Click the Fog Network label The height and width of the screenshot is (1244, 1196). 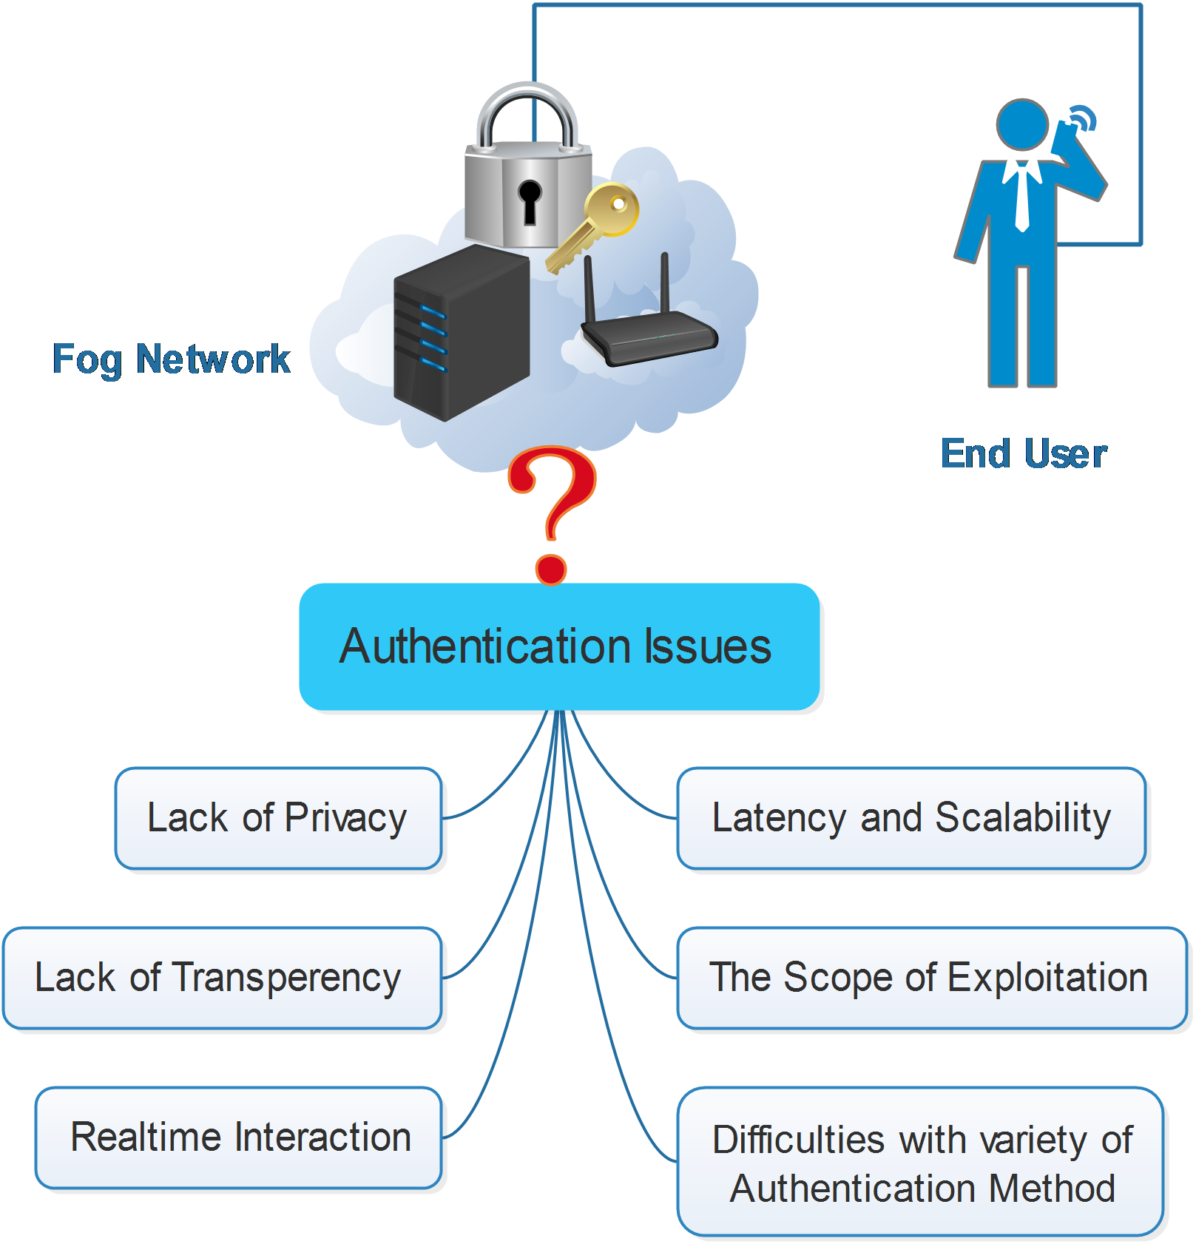[x=172, y=360]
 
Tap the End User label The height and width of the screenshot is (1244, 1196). [x=1024, y=453]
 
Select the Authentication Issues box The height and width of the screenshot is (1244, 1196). [x=559, y=646]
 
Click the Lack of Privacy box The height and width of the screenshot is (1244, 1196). [x=279, y=818]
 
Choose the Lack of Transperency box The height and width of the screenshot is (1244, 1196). [x=223, y=978]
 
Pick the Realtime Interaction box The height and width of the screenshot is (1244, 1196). [x=239, y=1137]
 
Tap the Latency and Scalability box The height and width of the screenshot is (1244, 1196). [x=911, y=818]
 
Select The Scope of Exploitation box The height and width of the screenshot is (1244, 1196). [x=932, y=978]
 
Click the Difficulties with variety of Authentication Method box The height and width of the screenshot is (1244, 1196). [x=920, y=1161]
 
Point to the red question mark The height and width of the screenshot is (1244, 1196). [x=552, y=515]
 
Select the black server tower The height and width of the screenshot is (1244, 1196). [x=462, y=333]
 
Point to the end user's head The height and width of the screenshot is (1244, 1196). [x=1022, y=125]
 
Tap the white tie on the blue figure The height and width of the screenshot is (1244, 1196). [x=1021, y=195]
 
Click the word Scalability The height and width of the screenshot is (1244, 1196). [x=1023, y=818]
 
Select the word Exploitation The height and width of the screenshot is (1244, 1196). [x=1047, y=978]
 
